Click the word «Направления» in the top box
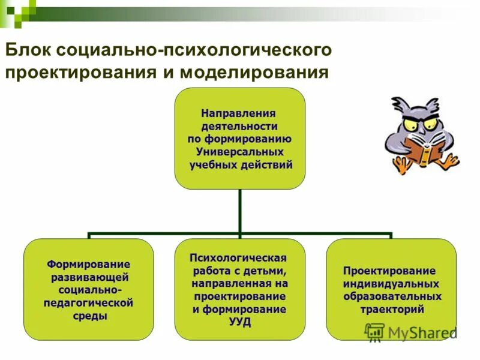click(239, 113)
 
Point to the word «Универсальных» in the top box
click(239, 152)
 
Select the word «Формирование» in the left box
click(88, 264)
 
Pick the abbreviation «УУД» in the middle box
click(239, 322)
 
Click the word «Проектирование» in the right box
click(390, 270)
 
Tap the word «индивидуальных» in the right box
click(391, 283)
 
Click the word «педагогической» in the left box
click(88, 303)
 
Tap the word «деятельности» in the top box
click(239, 126)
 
